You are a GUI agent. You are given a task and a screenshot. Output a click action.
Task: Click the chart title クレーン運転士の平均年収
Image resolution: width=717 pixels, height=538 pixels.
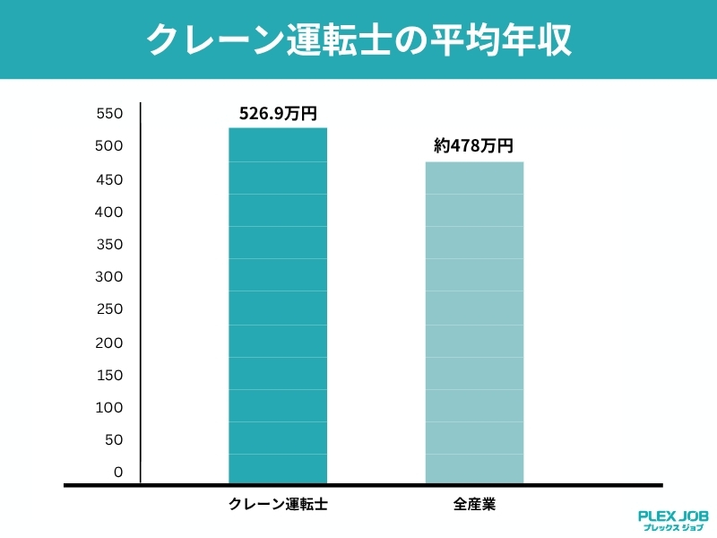pos(358,40)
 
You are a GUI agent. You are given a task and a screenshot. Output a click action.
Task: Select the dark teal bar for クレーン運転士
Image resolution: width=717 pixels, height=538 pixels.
pos(278,305)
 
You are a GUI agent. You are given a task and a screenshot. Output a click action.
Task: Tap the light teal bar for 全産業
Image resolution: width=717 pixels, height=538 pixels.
pos(474,323)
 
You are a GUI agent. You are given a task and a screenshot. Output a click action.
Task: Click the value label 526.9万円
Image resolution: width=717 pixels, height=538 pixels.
pos(278,114)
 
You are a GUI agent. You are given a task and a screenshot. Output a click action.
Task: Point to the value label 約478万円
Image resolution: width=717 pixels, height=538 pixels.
pos(474,147)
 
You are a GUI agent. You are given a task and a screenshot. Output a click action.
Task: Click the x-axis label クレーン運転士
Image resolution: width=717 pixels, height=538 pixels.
pos(278,505)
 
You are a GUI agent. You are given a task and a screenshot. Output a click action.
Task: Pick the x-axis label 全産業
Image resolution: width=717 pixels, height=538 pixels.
pos(474,505)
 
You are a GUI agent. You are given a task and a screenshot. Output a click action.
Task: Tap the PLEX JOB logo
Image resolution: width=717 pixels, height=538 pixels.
pos(672,521)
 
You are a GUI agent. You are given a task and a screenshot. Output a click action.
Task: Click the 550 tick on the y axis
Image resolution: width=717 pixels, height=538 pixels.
pos(108,114)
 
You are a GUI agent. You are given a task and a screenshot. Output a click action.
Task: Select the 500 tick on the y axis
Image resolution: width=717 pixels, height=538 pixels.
pos(108,146)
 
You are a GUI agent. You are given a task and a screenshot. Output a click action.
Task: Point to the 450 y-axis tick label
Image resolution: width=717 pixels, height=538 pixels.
pos(108,179)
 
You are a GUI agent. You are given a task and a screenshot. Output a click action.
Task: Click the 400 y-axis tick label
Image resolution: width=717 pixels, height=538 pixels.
pos(108,212)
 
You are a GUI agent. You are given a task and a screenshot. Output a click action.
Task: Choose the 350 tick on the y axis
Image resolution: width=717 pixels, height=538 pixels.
pos(108,244)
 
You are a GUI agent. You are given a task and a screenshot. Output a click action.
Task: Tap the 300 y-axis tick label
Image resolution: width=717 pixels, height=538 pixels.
pos(108,277)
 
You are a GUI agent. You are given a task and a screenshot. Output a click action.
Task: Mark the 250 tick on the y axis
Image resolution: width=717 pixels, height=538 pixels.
pos(108,309)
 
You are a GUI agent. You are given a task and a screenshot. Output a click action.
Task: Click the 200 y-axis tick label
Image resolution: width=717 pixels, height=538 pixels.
pos(108,343)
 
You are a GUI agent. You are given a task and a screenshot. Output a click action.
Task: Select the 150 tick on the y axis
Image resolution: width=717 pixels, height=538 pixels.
pos(108,375)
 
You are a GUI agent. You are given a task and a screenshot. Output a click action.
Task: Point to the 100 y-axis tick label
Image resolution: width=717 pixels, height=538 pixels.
pos(108,407)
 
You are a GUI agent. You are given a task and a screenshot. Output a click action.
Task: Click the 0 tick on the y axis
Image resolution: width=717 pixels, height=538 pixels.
pos(117,473)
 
